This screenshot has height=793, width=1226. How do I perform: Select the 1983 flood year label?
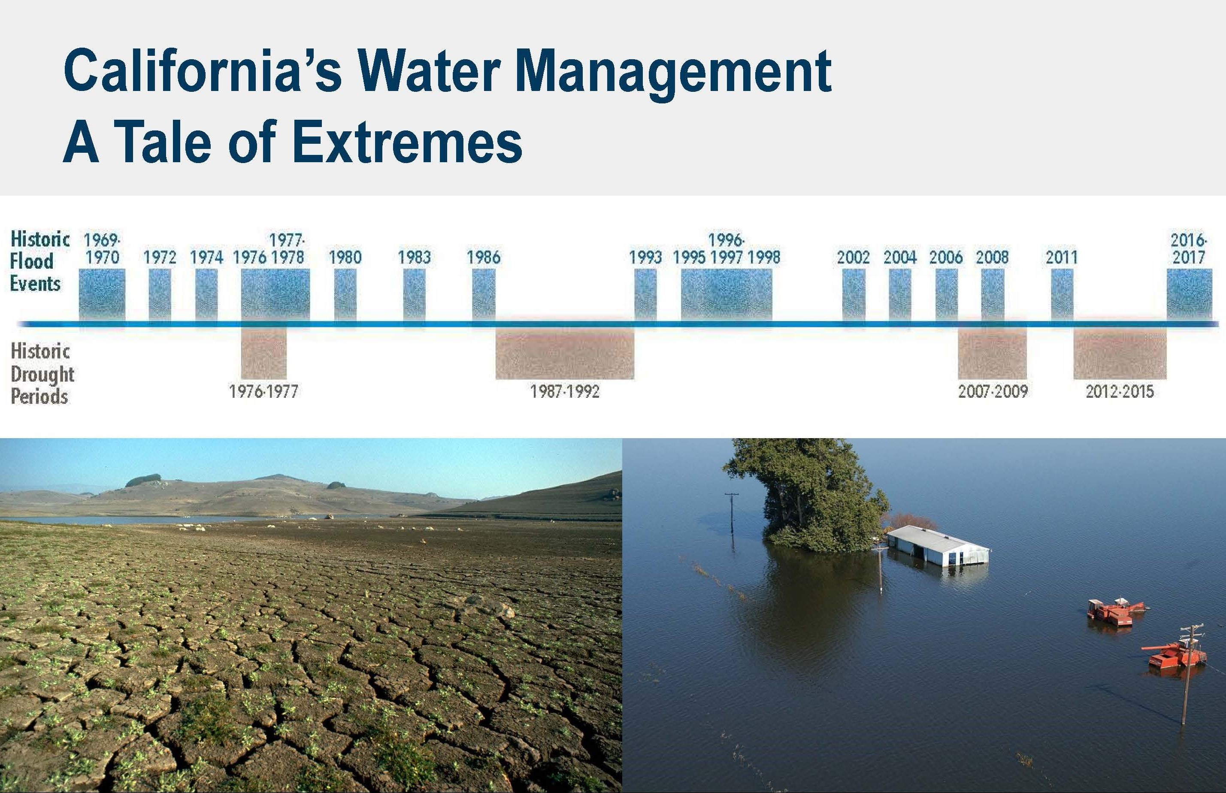point(414,257)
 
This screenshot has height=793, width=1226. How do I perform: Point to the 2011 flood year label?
point(1061,257)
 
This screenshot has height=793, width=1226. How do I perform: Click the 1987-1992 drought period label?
point(565,392)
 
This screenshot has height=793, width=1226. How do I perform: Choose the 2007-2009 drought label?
point(993,392)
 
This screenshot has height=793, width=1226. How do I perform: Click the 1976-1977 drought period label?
point(263,392)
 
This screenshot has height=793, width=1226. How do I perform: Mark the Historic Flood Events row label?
point(39,261)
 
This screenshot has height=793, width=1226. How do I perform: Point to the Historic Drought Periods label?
point(42,374)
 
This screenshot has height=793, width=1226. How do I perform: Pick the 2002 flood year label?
point(853,257)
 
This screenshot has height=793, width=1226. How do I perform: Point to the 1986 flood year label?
point(484,257)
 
